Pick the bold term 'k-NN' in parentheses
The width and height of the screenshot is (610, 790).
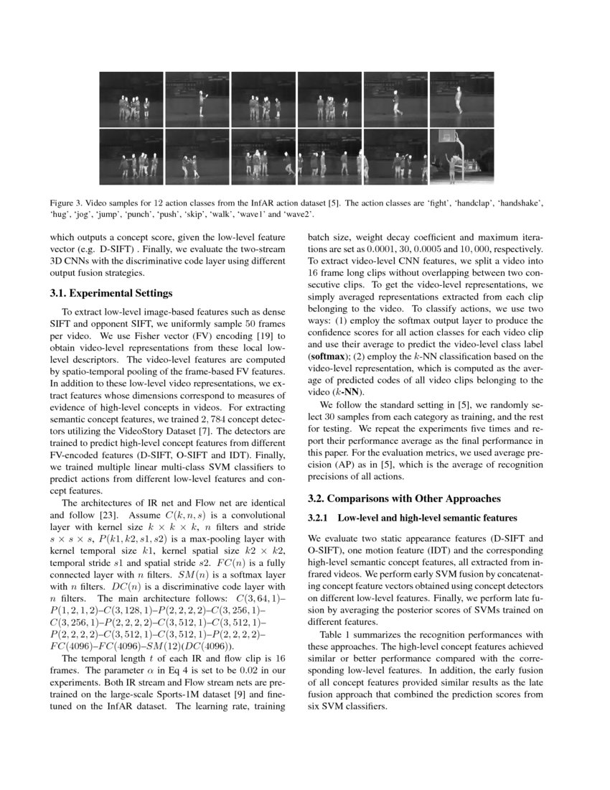pos(352,391)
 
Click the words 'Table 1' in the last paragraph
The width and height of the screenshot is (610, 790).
pos(337,636)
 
